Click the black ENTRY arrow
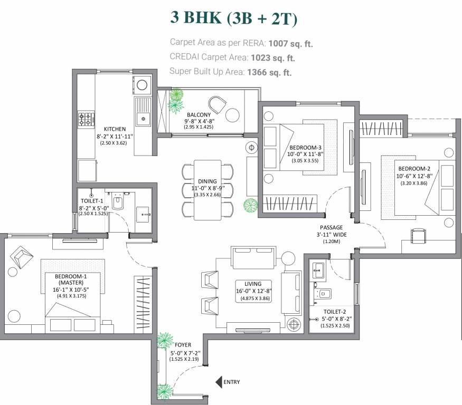[218, 382]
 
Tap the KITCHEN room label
[115, 129]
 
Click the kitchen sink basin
[143, 119]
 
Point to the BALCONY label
[199, 114]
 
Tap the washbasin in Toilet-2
[318, 272]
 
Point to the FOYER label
[183, 345]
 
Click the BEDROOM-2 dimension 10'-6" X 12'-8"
[414, 177]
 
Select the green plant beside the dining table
[250, 205]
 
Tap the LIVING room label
[249, 283]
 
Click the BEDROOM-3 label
[305, 147]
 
